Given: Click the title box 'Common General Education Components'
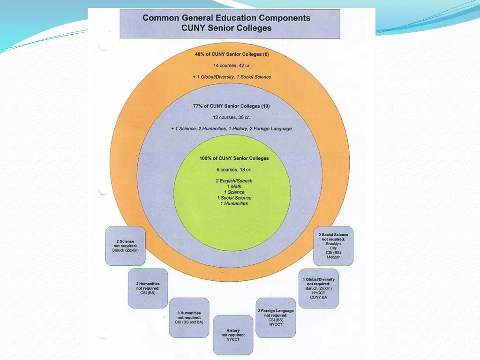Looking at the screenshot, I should [x=230, y=23].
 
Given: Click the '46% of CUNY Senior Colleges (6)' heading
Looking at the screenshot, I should [x=232, y=54].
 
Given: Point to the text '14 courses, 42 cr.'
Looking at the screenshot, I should [x=232, y=65].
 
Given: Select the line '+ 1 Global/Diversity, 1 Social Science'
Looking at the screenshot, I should [x=232, y=76].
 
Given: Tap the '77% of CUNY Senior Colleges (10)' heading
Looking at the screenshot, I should [x=232, y=106].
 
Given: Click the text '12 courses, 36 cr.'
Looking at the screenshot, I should [x=232, y=117].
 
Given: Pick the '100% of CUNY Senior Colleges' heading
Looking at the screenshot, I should [x=234, y=158].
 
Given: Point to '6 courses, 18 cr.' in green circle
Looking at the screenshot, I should [x=234, y=170].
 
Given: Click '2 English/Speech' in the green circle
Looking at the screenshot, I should [x=234, y=181].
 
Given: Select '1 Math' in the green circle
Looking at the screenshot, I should [x=234, y=187].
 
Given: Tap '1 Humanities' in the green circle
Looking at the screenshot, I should [x=234, y=203].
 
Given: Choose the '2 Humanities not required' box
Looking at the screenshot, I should [x=148, y=288].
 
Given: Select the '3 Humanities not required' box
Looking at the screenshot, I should [x=189, y=317].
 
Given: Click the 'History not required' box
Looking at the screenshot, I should [x=233, y=335].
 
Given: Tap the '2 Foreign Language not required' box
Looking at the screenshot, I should [x=276, y=317].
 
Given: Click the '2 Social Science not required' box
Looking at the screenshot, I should [x=333, y=246].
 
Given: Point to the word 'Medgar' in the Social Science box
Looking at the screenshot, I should [x=333, y=257].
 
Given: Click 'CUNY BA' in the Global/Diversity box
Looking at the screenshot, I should [x=319, y=297].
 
